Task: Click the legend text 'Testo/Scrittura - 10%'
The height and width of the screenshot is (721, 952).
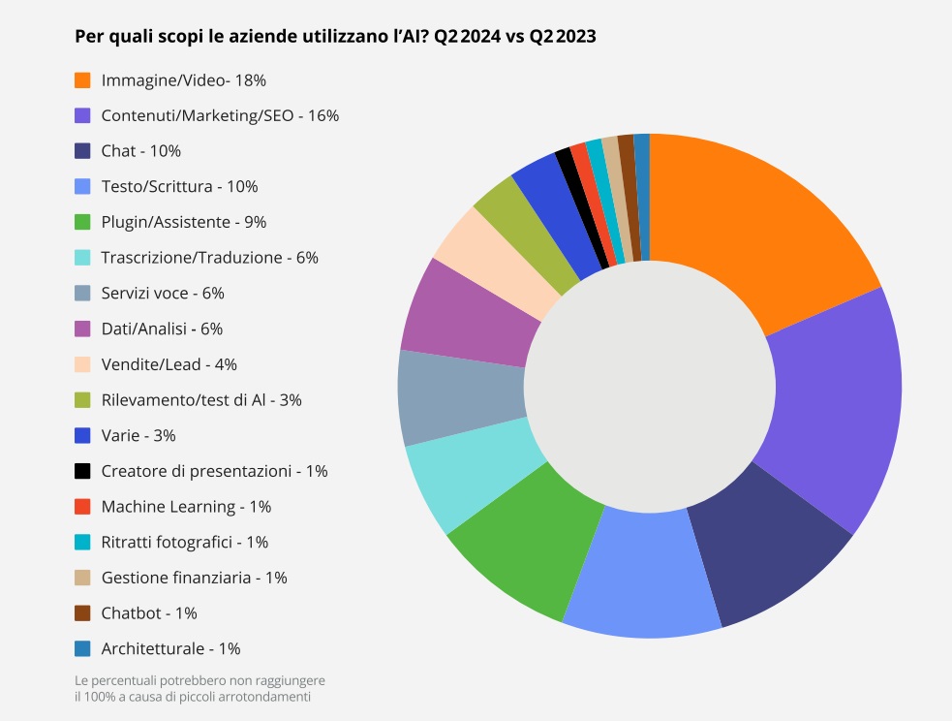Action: (179, 186)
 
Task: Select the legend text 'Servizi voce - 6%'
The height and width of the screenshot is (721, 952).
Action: (163, 293)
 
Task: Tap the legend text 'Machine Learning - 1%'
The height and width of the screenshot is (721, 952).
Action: (186, 507)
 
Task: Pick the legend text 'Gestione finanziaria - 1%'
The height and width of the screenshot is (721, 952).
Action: (194, 578)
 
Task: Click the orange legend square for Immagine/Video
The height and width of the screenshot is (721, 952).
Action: (82, 79)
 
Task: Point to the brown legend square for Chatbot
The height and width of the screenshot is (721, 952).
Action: (82, 613)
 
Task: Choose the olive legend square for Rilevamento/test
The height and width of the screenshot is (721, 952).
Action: (82, 400)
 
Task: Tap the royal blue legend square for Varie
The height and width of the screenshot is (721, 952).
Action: (82, 435)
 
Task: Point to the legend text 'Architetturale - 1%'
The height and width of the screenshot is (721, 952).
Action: (170, 649)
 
